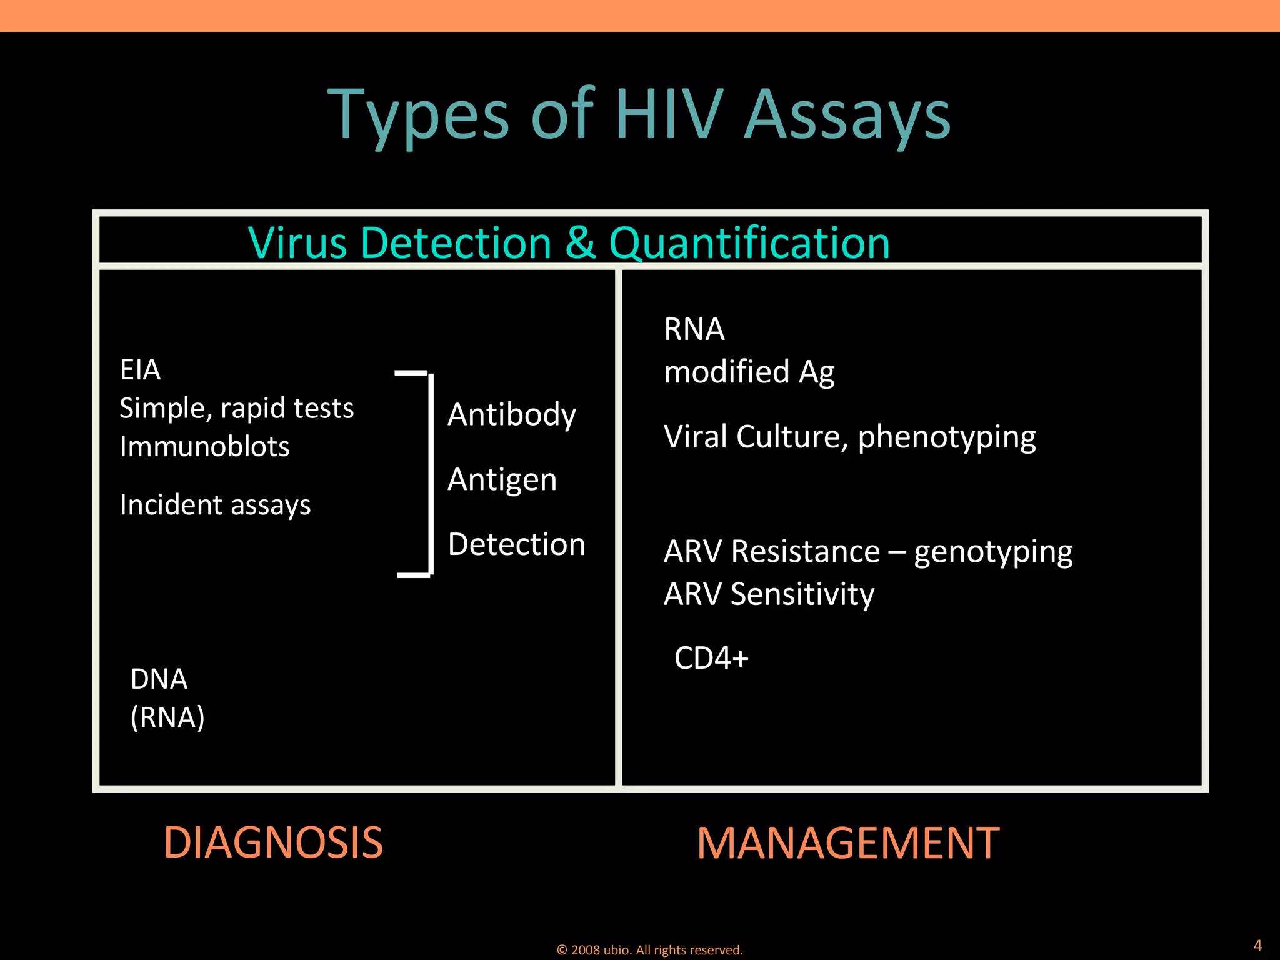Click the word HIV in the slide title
tap(669, 114)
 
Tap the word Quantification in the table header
tap(749, 243)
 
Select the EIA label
tap(140, 370)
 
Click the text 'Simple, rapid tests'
tap(236, 409)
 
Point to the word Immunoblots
tap(204, 447)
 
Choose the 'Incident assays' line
tap(215, 505)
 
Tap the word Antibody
tap(512, 415)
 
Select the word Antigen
tap(502, 480)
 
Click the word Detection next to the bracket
tap(517, 544)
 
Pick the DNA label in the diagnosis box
tap(159, 679)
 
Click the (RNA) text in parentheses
tap(167, 717)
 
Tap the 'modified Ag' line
tap(749, 372)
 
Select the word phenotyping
tap(946, 437)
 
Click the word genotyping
tap(993, 552)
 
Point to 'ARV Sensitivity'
tap(769, 594)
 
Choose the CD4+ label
tap(711, 658)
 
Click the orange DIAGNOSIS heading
tap(273, 842)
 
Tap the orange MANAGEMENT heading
tap(848, 843)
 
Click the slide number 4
tap(1257, 945)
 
